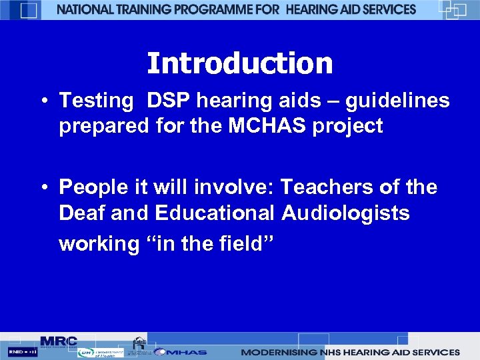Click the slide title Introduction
pyautogui.click(x=239, y=64)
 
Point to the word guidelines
pyautogui.click(x=397, y=101)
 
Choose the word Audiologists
pyautogui.click(x=345, y=213)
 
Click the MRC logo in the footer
pyautogui.click(x=59, y=341)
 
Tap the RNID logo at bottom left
pyautogui.click(x=23, y=351)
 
